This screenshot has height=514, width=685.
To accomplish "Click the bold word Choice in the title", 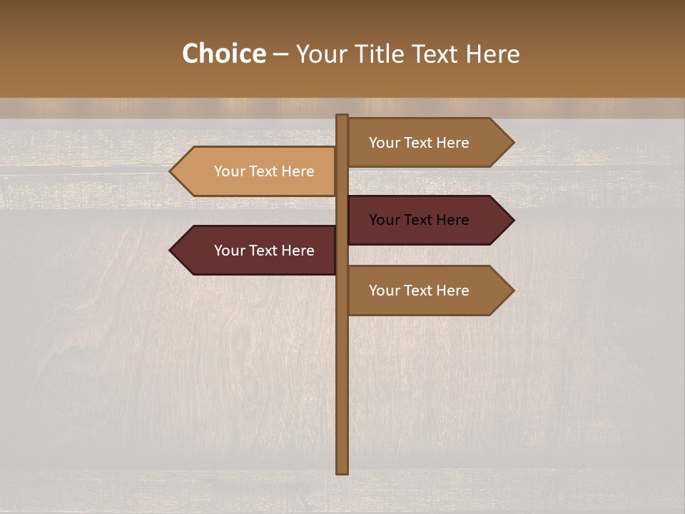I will tap(223, 54).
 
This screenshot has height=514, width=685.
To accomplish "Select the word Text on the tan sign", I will tap(263, 171).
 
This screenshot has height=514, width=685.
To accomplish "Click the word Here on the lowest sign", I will tap(452, 291).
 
